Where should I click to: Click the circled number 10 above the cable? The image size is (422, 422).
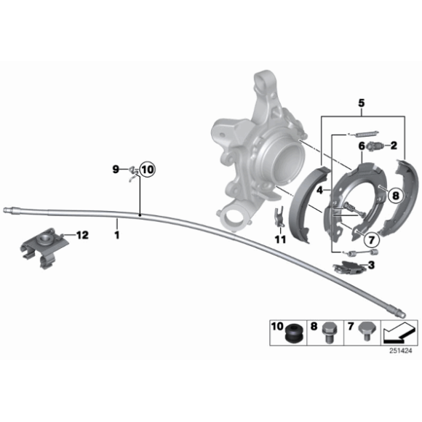point(146,170)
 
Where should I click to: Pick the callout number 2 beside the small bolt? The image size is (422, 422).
point(361,146)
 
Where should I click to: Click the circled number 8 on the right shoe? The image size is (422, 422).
point(394,195)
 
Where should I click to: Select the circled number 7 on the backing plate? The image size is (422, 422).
point(369,238)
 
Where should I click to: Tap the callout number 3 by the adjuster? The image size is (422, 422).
point(371,266)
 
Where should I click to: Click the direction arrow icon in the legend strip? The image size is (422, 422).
point(399,334)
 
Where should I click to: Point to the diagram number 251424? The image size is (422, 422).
point(400,351)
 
